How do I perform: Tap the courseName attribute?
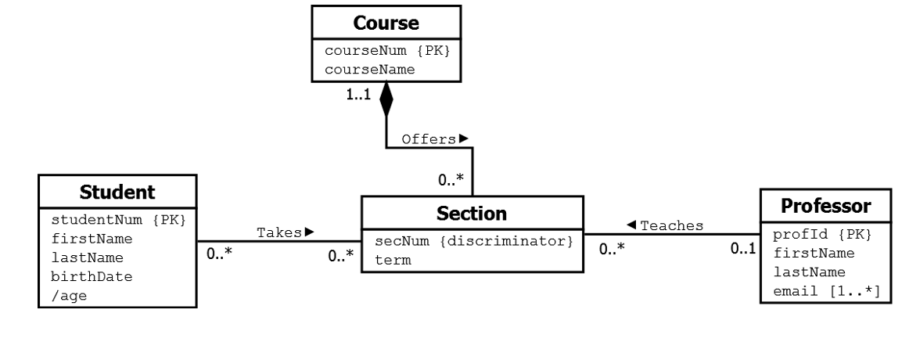[x=369, y=70]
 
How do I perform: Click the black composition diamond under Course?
[x=385, y=100]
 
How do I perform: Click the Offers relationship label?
[x=429, y=139]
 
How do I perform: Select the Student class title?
[x=119, y=191]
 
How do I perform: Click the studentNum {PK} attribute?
[x=119, y=218]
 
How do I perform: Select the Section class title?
[x=472, y=212]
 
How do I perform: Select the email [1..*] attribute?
[x=826, y=291]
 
